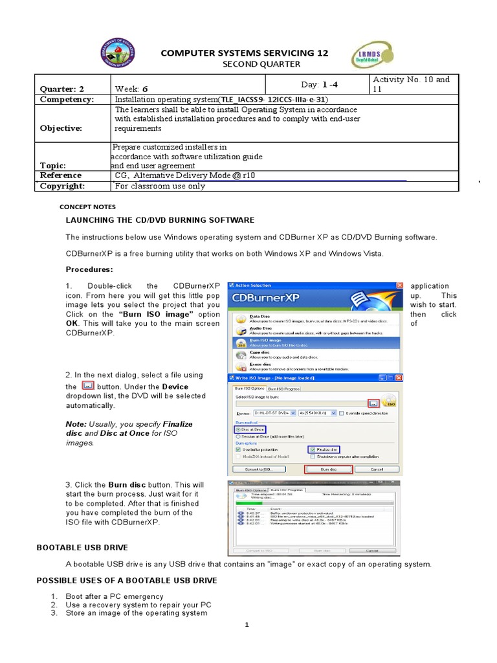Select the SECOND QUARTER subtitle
click(x=252, y=64)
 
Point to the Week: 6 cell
click(x=132, y=89)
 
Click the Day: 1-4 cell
click(x=319, y=84)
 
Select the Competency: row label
click(x=67, y=100)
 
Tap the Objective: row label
click(x=61, y=128)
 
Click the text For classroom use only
click(x=160, y=186)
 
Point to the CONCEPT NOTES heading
click(x=87, y=207)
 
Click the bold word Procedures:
click(x=89, y=269)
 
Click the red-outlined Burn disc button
click(x=328, y=469)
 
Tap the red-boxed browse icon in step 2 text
click(x=90, y=385)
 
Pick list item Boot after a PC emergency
click(x=114, y=596)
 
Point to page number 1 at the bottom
click(x=247, y=625)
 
